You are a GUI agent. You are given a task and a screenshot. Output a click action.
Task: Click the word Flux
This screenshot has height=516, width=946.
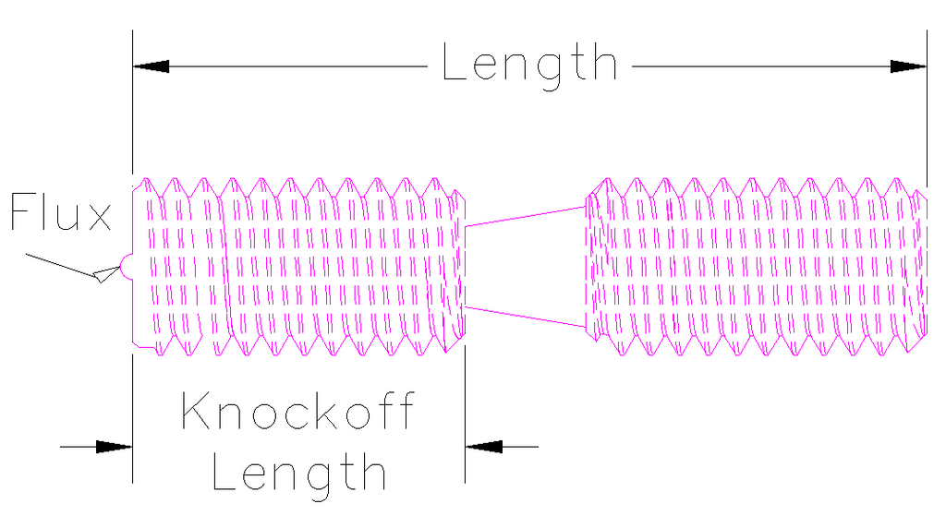61,212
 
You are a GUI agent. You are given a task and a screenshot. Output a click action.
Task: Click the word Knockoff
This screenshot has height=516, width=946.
298,411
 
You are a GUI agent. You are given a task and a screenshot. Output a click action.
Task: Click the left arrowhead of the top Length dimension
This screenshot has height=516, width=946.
151,66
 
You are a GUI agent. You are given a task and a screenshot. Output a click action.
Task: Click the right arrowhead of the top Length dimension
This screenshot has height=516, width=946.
909,66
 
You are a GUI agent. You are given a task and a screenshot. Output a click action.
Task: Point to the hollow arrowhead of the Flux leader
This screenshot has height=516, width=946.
107,274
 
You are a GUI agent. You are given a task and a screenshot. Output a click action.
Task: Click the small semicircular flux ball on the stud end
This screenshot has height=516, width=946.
127,267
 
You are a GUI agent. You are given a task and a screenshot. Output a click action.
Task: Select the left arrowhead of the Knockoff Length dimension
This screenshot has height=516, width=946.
114,447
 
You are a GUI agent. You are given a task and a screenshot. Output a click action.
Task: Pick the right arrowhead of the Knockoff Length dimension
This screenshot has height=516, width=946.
484,447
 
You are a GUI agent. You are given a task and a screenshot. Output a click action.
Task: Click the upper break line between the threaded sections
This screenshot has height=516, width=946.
526,216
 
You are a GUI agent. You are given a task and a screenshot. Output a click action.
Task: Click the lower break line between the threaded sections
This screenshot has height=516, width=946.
526,317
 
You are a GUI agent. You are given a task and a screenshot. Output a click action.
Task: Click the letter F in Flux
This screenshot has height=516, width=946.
21,212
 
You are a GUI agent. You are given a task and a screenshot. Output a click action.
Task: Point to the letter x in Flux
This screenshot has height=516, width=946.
98,218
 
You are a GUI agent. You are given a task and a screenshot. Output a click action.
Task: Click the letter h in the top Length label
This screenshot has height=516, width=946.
606,61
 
